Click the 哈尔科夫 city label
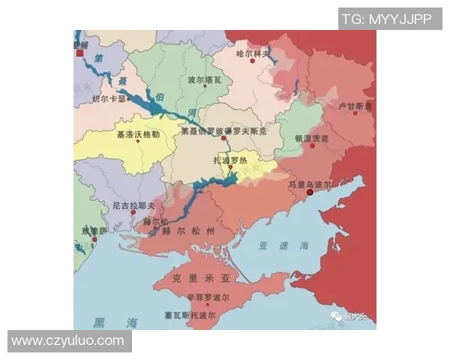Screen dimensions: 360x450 click(253, 53)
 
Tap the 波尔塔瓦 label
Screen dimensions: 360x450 click(204, 79)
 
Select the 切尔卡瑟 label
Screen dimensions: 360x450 click(109, 98)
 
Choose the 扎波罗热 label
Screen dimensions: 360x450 click(231, 160)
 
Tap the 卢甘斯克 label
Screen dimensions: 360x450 click(355, 106)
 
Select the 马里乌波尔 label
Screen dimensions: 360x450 click(310, 182)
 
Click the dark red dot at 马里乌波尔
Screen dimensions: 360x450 click(310, 193)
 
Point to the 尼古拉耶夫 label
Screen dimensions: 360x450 click(133, 205)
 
